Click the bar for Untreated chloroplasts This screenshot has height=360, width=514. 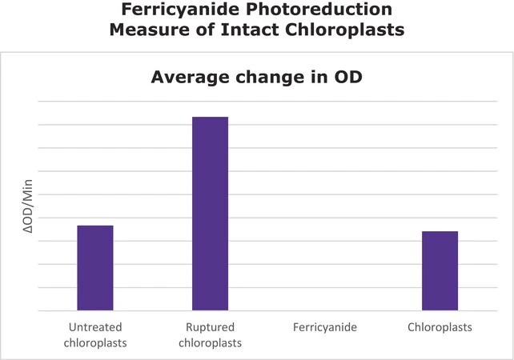[95, 268]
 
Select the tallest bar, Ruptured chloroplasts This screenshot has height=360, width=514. [210, 214]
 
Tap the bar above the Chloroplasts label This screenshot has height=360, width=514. [440, 270]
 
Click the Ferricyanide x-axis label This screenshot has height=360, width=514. [325, 327]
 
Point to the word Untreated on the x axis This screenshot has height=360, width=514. [95, 327]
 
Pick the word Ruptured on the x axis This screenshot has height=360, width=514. [210, 327]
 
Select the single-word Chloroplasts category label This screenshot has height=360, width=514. [440, 327]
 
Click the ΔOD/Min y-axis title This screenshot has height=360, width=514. [28, 206]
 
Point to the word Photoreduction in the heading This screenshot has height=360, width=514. [319, 9]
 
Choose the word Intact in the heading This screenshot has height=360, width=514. [251, 30]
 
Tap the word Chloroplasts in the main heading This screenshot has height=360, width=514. [345, 30]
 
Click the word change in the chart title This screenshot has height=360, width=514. [271, 78]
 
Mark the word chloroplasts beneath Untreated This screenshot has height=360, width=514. [95, 343]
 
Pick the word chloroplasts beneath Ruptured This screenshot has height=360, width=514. [210, 343]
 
